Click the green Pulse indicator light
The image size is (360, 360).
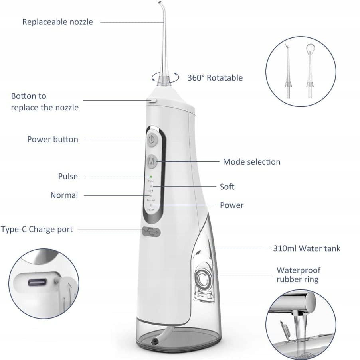[151, 176]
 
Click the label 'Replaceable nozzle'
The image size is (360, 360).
[57, 22]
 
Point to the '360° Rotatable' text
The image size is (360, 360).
[215, 77]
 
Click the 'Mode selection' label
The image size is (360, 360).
[251, 162]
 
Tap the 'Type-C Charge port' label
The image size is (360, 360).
[37, 229]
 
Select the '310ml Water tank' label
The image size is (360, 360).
[307, 248]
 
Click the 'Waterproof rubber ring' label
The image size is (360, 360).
[299, 275]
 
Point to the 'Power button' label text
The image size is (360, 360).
[53, 139]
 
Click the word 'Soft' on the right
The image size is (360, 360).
[227, 187]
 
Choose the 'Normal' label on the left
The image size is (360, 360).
[64, 195]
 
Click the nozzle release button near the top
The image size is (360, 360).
[152, 101]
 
